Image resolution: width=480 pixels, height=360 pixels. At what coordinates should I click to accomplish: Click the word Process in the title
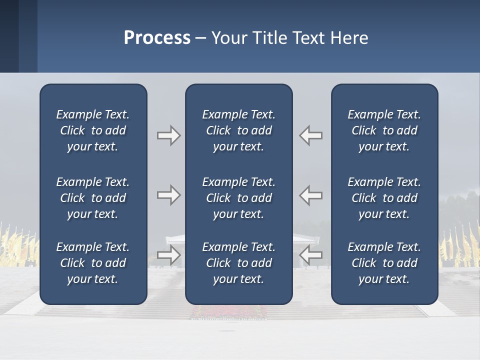click(157, 38)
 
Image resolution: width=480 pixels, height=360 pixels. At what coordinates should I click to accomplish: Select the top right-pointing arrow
click(169, 135)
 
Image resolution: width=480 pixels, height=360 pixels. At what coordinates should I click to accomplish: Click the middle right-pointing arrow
click(169, 195)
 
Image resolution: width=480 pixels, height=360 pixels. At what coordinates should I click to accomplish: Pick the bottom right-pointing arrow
click(169, 255)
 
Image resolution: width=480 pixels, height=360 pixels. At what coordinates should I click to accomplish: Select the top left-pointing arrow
click(310, 135)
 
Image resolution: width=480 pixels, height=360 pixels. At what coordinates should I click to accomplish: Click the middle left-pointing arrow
click(310, 195)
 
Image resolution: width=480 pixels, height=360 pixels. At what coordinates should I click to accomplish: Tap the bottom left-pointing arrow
click(310, 255)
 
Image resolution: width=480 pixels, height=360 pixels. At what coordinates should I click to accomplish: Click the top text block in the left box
click(93, 130)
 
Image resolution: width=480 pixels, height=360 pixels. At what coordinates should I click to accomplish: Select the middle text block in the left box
click(93, 198)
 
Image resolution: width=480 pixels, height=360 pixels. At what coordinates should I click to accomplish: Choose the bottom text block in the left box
click(93, 263)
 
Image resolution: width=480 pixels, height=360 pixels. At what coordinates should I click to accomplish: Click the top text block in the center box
click(238, 130)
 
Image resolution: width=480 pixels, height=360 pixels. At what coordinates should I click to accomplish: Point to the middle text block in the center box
click(238, 198)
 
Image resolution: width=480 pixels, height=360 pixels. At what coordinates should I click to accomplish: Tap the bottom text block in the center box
click(238, 263)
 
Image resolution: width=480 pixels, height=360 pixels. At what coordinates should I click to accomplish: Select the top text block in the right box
click(384, 130)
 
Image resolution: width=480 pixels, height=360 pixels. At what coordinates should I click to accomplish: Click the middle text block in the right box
click(384, 198)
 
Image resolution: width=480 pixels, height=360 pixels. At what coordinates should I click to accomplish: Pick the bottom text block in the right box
click(384, 263)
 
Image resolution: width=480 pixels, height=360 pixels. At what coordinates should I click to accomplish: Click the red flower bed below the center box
click(238, 312)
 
